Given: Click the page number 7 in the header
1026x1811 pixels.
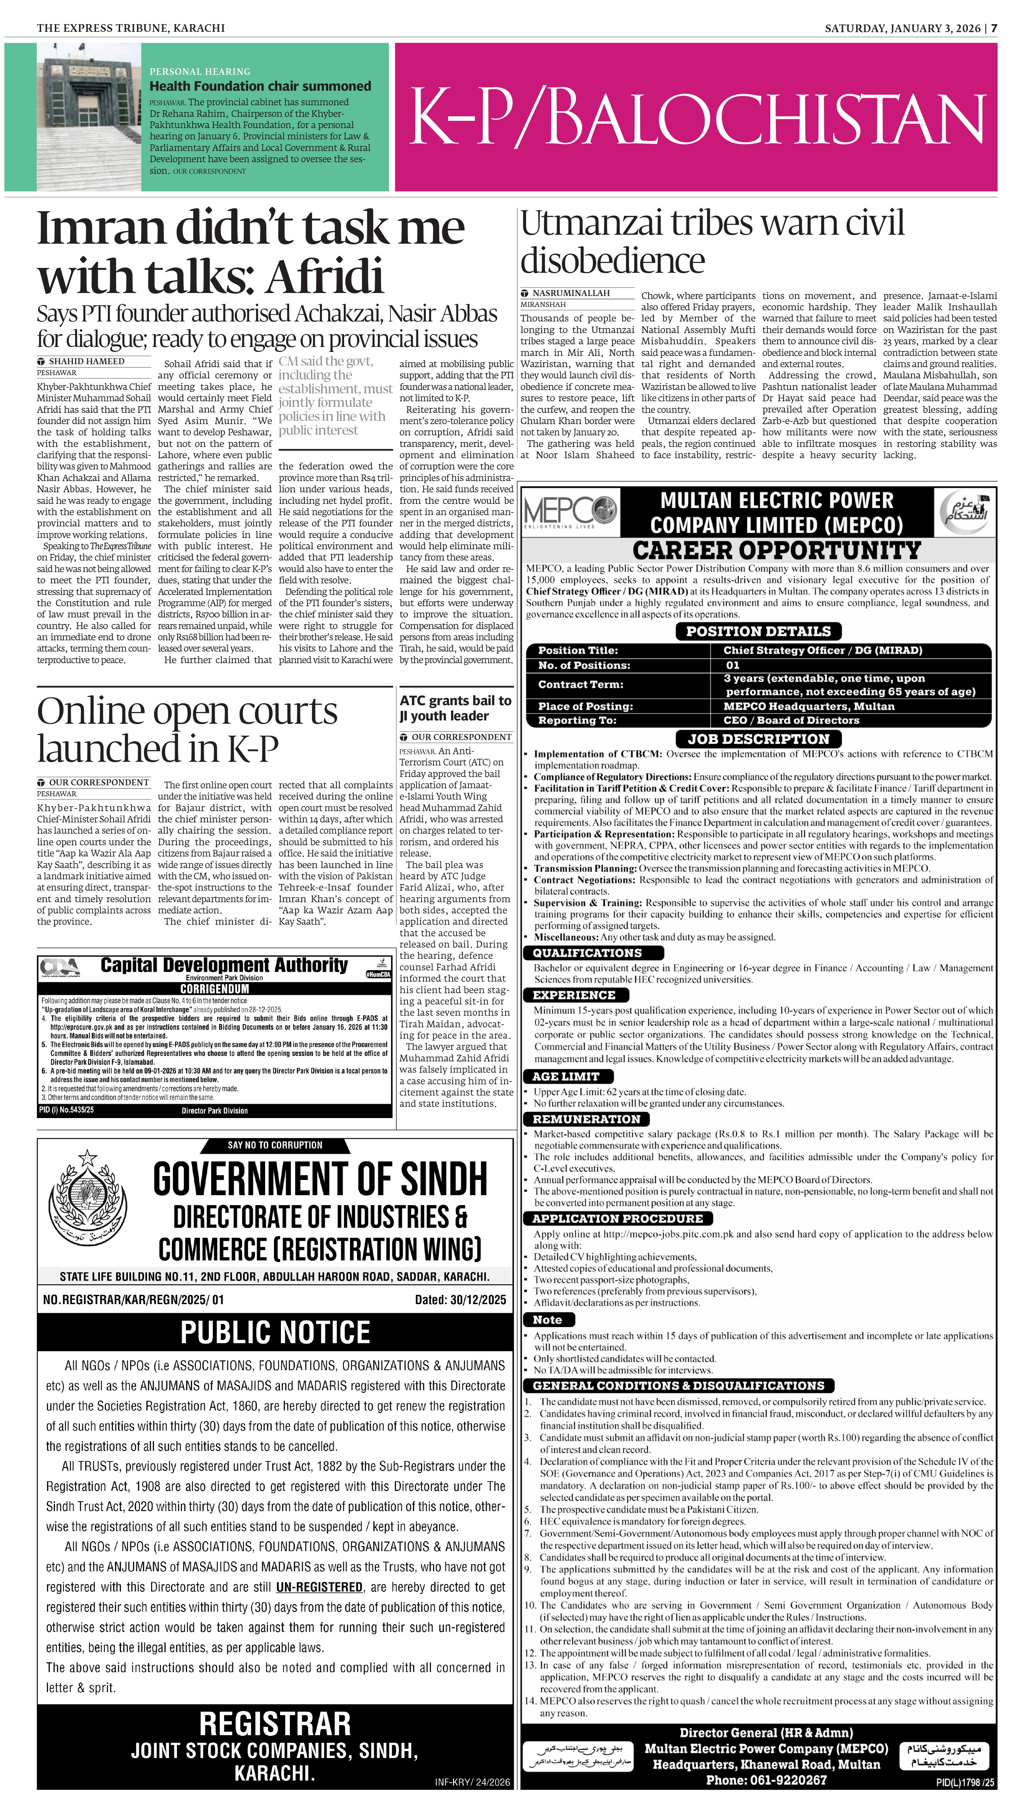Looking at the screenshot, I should [x=994, y=28].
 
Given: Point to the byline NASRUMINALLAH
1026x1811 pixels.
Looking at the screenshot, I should [x=571, y=293].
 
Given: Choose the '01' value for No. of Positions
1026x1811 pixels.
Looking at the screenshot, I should [x=733, y=665].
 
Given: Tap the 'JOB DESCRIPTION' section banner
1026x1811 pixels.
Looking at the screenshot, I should [x=758, y=739].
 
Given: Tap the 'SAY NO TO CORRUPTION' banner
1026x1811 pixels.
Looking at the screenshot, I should [x=275, y=1145].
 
